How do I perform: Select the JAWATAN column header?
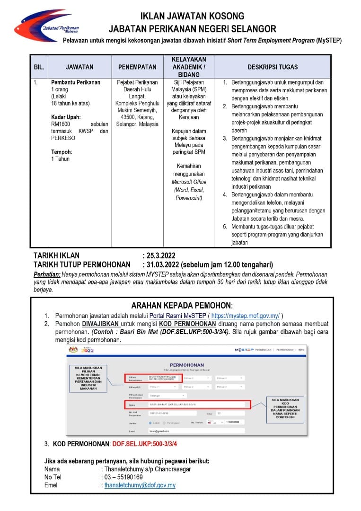79,67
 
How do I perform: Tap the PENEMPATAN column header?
137,67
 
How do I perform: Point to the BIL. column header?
39,67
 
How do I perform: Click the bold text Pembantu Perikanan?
76,82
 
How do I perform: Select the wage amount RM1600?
60,124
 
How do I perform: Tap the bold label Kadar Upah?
66,117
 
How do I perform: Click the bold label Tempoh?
62,152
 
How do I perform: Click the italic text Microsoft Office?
189,182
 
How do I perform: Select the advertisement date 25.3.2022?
159,256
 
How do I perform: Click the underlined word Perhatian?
47,274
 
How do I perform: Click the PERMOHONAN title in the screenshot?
186,365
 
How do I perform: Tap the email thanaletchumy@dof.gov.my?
140,485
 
